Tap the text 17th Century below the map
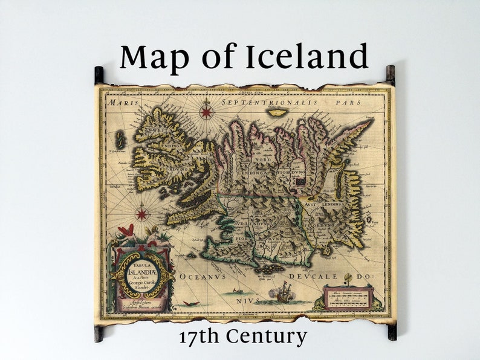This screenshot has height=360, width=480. click(x=242, y=336)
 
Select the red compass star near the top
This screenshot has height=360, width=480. click(x=207, y=111)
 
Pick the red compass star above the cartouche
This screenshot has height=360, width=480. click(x=141, y=213)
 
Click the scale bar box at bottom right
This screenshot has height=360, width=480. click(x=348, y=297)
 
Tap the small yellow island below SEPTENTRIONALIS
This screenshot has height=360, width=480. click(x=277, y=112)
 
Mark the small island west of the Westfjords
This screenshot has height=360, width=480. click(x=120, y=140)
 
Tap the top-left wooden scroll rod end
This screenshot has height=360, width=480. click(x=99, y=75)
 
